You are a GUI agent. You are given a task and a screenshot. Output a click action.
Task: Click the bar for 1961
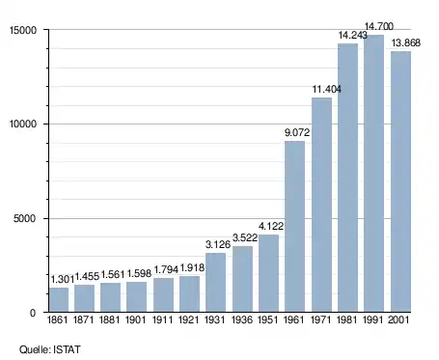point(294,227)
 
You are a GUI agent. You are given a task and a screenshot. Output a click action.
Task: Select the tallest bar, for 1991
point(373,174)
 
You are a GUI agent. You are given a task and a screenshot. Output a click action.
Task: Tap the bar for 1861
point(59,300)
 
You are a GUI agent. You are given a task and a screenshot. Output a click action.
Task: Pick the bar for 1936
point(242,279)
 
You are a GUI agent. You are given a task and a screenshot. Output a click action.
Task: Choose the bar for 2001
point(400,181)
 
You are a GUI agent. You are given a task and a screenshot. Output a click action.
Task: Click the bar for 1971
point(321,205)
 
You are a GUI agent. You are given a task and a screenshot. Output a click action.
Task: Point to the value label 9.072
point(297,132)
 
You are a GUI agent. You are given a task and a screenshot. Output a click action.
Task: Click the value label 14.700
point(379,26)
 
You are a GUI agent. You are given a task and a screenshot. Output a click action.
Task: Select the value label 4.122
point(271,226)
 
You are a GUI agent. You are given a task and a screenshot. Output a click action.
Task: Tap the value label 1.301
point(63,280)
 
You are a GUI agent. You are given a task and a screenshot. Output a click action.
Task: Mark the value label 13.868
point(406,42)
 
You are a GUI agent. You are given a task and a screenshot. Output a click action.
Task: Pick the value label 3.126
point(218,244)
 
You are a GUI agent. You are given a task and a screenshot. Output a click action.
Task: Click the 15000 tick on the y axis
point(23,30)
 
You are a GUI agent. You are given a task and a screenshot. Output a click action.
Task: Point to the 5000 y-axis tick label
point(25,219)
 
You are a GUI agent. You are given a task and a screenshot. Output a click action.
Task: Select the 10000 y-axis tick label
point(23,125)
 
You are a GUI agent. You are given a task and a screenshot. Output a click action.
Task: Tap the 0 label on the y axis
point(33,313)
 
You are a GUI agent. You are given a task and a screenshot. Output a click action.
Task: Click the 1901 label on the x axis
point(136,319)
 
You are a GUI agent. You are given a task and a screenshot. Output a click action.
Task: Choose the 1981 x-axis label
point(347,319)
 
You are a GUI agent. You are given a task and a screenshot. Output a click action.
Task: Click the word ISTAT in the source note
point(67,349)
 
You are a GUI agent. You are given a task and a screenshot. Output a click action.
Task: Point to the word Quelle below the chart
point(35,349)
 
